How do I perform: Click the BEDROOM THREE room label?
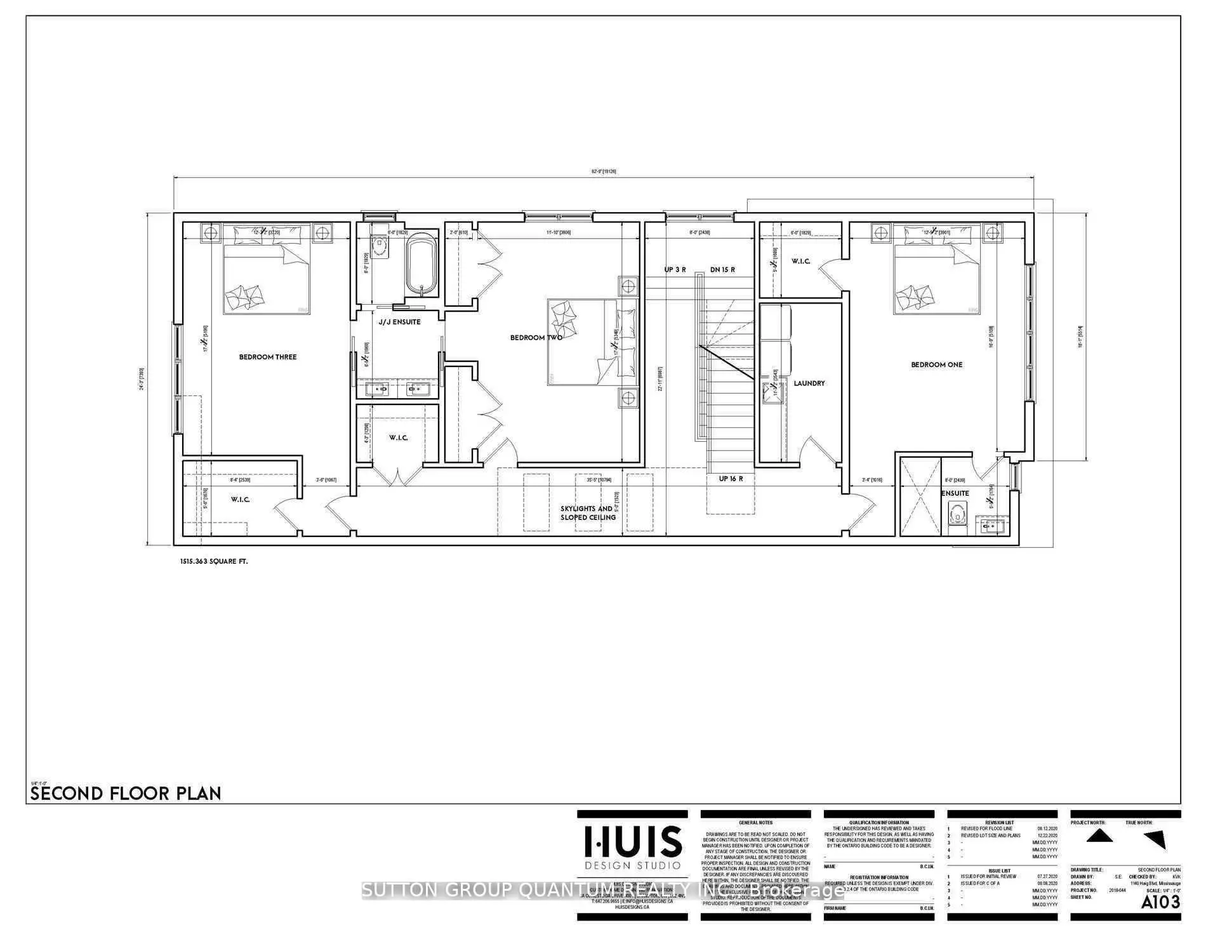tap(268, 357)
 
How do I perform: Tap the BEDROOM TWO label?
tap(536, 338)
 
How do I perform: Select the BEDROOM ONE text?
tap(936, 365)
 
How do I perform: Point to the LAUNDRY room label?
tap(809, 383)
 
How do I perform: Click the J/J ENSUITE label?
tap(399, 322)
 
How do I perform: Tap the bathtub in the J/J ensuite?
tap(421, 265)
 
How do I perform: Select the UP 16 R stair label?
tap(731, 479)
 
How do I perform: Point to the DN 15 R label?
tap(722, 270)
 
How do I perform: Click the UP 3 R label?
tap(675, 270)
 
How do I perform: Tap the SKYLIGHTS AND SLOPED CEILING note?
tap(588, 513)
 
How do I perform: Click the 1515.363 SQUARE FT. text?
tap(213, 562)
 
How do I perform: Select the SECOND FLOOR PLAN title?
tap(126, 794)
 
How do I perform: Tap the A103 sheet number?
tap(1161, 902)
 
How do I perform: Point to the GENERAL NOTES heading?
tap(755, 823)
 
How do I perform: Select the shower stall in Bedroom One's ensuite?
tap(920, 496)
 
